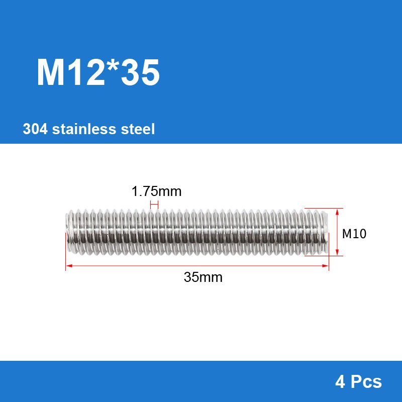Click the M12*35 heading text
(98, 72)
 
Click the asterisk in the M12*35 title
(112, 66)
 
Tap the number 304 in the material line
(35, 129)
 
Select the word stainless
(84, 129)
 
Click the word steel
(138, 129)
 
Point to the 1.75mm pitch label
(156, 191)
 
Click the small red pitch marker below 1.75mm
(154, 205)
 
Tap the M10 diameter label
(354, 234)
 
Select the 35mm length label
(203, 277)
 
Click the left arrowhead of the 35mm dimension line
(68, 266)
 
